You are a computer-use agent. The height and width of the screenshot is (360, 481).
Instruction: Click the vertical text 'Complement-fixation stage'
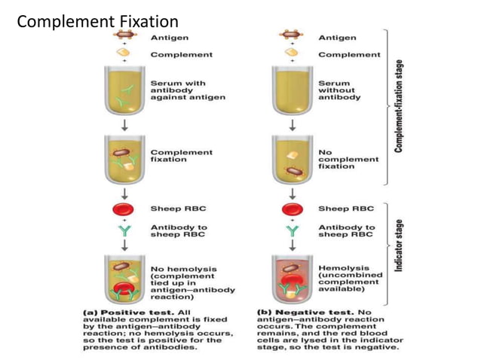point(397,105)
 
